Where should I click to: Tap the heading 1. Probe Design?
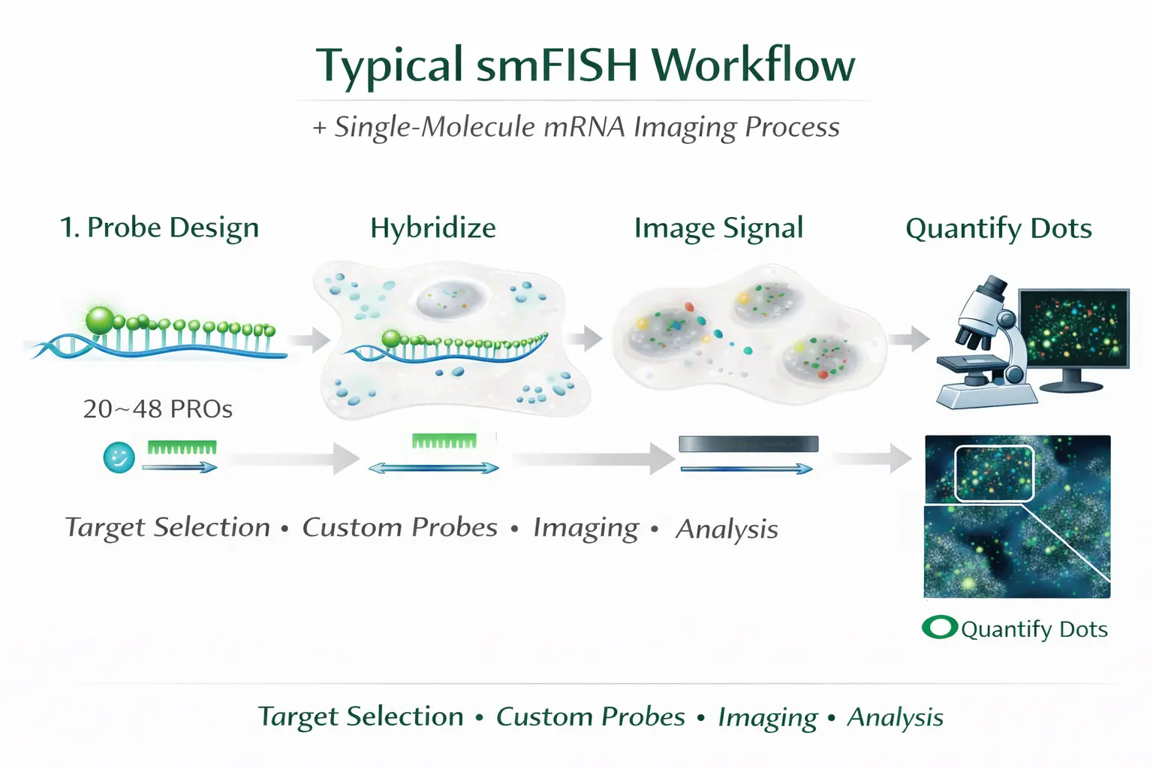click(159, 228)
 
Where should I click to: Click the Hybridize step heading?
click(433, 228)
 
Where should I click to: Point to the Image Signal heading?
click(718, 228)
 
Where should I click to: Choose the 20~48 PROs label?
click(158, 409)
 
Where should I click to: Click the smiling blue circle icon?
click(119, 457)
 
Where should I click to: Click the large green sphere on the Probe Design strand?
click(100, 320)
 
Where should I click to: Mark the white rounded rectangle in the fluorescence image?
click(994, 473)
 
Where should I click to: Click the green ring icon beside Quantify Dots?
click(939, 627)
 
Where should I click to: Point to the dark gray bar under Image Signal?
click(748, 444)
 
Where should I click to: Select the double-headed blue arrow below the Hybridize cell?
click(433, 468)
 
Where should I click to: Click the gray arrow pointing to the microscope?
click(909, 339)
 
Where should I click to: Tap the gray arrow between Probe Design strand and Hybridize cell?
click(309, 340)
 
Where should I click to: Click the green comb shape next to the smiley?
click(182, 448)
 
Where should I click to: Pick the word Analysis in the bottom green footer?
click(895, 717)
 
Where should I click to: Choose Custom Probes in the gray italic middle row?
click(399, 527)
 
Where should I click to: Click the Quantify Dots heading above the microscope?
click(998, 228)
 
